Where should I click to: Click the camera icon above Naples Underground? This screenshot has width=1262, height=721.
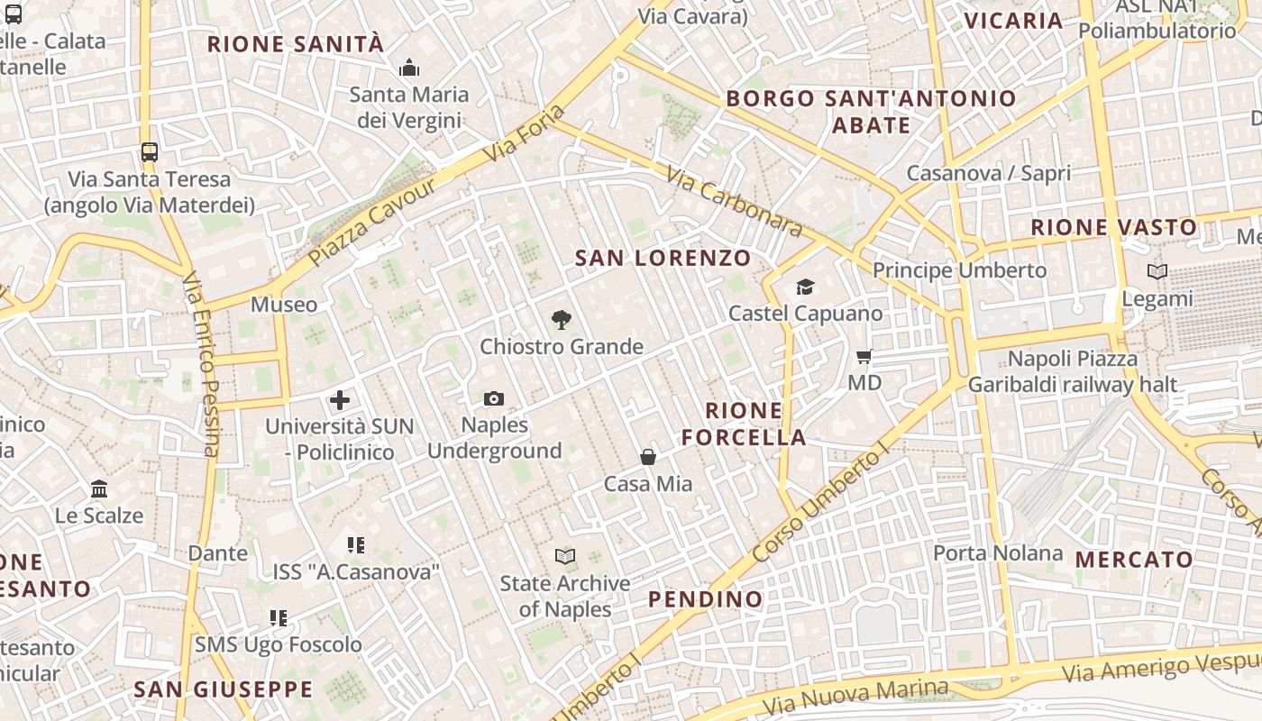point(494,398)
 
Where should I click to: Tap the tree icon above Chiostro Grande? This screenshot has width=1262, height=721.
point(562,320)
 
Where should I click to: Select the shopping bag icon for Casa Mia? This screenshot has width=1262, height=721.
point(648,457)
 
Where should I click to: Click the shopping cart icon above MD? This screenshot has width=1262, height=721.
point(864,357)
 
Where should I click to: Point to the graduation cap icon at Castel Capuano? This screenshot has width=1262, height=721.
point(805,287)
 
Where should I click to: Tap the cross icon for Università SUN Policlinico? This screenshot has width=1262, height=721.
point(340,400)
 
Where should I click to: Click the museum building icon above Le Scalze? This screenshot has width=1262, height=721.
point(99,489)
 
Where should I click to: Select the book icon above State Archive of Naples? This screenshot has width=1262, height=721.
point(565,557)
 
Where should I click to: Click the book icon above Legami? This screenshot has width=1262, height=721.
point(1157,271)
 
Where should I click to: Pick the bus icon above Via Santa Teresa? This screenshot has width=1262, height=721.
point(150,152)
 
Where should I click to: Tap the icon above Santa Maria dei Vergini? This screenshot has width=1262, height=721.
point(409,68)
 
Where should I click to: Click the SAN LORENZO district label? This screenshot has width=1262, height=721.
point(663,258)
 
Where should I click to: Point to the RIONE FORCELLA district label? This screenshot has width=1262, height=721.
point(744,424)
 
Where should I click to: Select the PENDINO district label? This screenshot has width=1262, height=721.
point(706,598)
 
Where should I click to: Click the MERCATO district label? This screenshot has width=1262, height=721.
point(1134,559)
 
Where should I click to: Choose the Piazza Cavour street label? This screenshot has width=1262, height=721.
point(371,223)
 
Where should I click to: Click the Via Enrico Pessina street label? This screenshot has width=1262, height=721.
point(201,364)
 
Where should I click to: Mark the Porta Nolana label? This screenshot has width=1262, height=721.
point(998,552)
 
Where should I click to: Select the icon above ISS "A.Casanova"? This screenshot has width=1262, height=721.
point(356,545)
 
